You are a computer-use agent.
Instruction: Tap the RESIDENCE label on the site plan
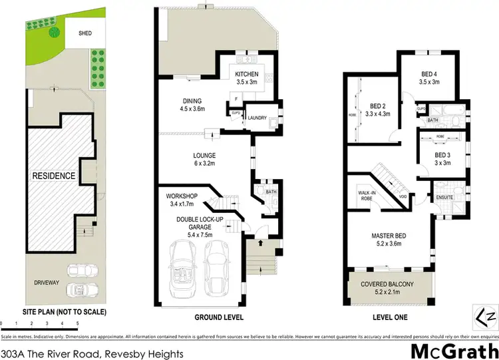pos(53,177)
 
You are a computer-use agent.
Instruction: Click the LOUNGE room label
pos(205,156)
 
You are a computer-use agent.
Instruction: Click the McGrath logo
pos(453,349)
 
